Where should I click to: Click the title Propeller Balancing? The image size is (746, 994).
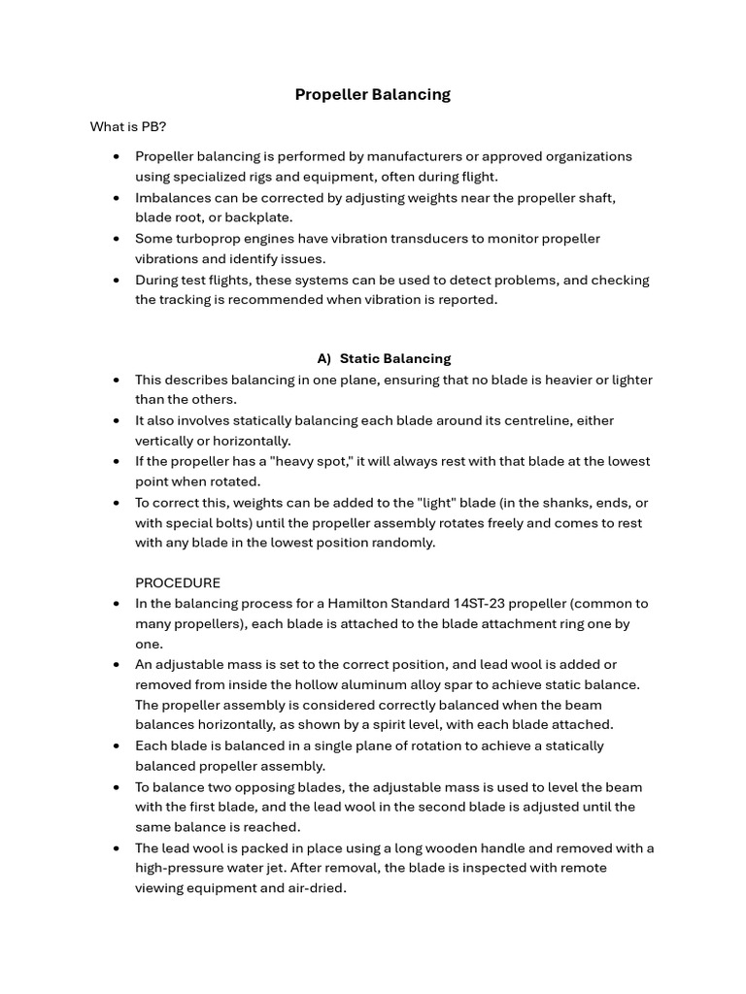(373, 94)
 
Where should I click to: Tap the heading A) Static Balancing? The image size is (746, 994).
(384, 359)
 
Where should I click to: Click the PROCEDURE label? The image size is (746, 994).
(178, 583)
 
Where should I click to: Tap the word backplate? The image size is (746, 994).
(259, 217)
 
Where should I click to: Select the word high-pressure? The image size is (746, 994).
(185, 868)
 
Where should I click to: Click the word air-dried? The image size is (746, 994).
(315, 888)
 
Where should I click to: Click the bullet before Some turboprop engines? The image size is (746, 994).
(117, 239)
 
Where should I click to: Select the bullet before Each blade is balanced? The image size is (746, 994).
(117, 746)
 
